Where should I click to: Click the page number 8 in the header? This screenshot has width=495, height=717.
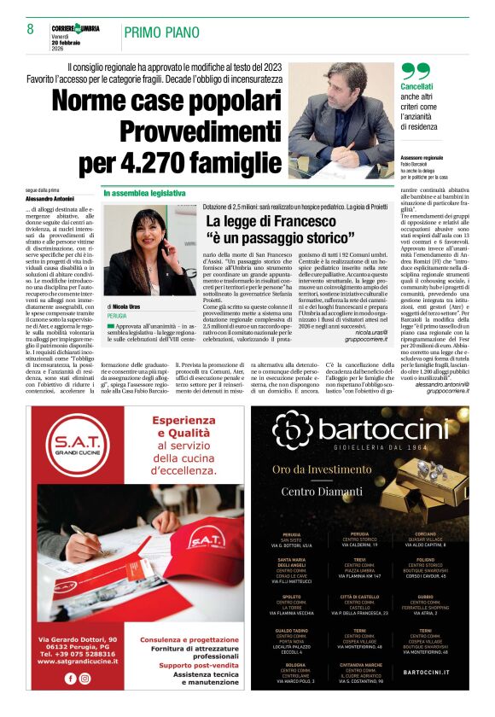pyautogui.click(x=30, y=29)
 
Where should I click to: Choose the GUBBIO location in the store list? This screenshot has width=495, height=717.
pyautogui.click(x=425, y=597)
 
